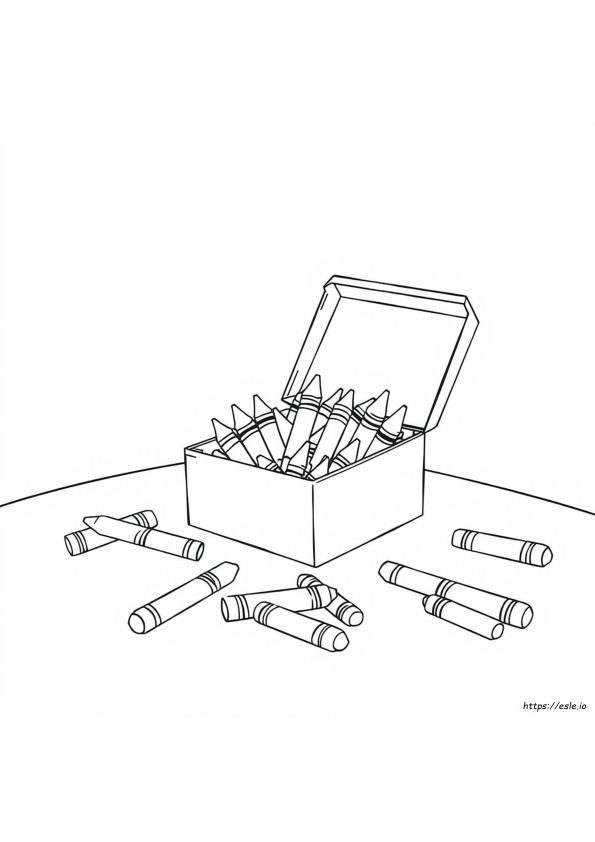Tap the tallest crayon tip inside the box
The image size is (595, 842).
pos(313,384)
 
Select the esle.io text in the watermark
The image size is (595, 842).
pos(576,707)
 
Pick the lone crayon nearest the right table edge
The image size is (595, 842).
pos(502,546)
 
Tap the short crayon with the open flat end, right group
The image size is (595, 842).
pos(462,616)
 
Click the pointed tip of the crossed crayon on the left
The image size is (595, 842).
pos(90,521)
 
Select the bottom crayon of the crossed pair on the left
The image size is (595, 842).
pos(111,533)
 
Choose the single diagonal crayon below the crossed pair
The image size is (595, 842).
pos(184,598)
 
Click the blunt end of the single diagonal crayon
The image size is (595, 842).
pos(138,623)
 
